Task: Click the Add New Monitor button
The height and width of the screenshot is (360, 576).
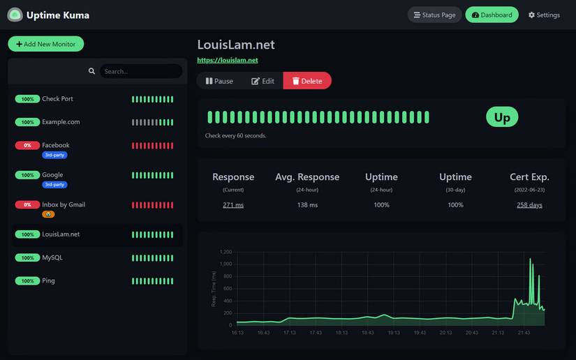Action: pyautogui.click(x=46, y=44)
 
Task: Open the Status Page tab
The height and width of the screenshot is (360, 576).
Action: pyautogui.click(x=434, y=15)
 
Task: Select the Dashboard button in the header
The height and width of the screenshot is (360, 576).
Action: pyautogui.click(x=492, y=15)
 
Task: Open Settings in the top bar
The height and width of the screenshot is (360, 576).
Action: pyautogui.click(x=544, y=15)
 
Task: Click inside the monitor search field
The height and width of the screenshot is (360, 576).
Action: pyautogui.click(x=140, y=71)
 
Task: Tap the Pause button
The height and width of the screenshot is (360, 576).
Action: pyautogui.click(x=219, y=81)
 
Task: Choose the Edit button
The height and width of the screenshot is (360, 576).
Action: pyautogui.click(x=263, y=81)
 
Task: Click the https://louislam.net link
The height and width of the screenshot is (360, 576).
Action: pyautogui.click(x=228, y=60)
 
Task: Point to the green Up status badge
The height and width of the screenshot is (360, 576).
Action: pyautogui.click(x=502, y=117)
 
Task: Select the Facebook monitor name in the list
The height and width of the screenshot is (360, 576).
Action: pyautogui.click(x=56, y=145)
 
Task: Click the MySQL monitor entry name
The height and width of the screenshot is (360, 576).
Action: pyautogui.click(x=52, y=257)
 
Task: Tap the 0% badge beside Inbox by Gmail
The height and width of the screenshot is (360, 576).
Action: pyautogui.click(x=27, y=204)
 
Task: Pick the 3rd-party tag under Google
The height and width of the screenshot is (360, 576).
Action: pyautogui.click(x=54, y=185)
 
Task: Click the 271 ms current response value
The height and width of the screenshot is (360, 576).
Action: pyautogui.click(x=233, y=205)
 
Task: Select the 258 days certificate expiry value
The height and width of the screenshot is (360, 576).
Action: pyautogui.click(x=529, y=205)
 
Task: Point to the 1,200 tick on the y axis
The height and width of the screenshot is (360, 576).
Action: pyautogui.click(x=226, y=252)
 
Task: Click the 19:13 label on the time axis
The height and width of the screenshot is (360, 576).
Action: pyautogui.click(x=394, y=333)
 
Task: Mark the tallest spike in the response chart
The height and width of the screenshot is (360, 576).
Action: pyautogui.click(x=530, y=260)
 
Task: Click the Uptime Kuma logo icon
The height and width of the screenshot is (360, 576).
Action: pyautogui.click(x=15, y=15)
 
